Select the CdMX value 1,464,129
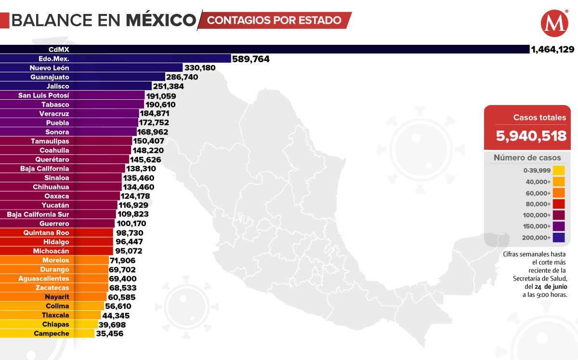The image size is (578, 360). tap(552, 49)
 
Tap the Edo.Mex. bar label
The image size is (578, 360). tap(53, 58)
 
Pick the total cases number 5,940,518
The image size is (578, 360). tap(531, 136)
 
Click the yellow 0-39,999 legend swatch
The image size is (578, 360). tap(559, 170)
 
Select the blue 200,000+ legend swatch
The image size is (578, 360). tap(559, 237)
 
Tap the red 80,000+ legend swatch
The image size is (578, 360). tap(559, 204)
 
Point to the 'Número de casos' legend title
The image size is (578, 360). tap(527, 158)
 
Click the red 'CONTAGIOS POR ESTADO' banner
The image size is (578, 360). tap(275, 20)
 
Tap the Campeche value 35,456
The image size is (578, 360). tap(110, 333)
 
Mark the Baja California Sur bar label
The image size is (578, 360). tap(38, 214)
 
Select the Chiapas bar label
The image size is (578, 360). tap(55, 324)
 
